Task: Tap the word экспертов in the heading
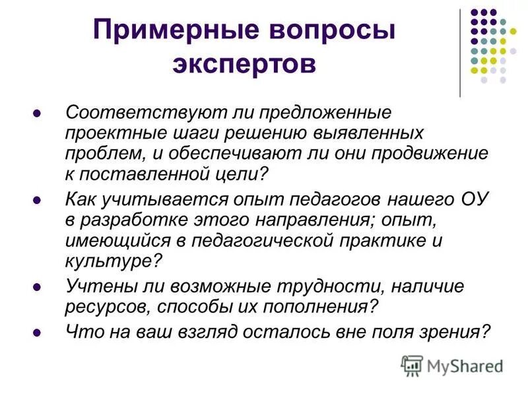click(244, 64)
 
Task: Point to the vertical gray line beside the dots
click(461, 53)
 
